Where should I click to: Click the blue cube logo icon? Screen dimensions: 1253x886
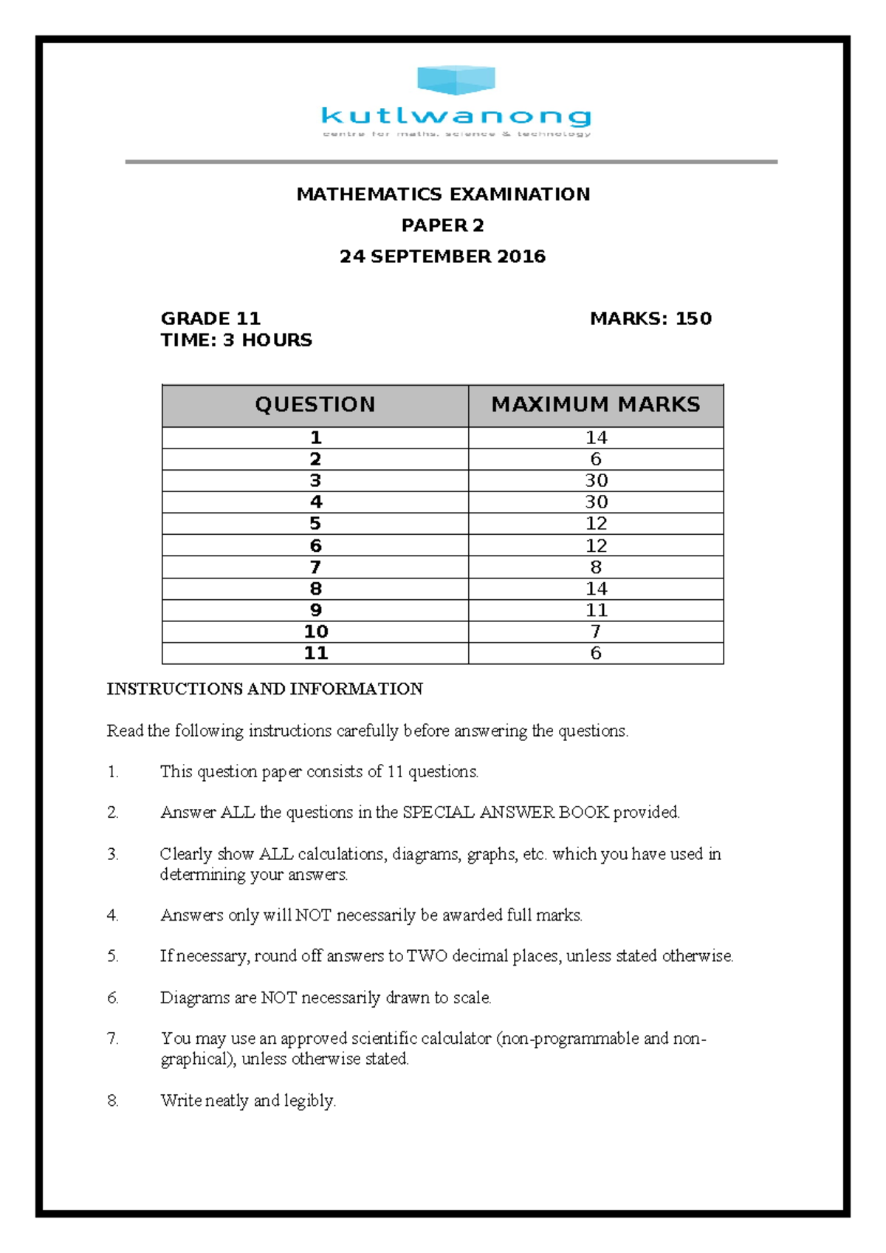pos(456,80)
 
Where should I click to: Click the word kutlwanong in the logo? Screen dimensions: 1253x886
pos(456,116)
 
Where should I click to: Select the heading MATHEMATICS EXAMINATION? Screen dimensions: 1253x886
pos(443,194)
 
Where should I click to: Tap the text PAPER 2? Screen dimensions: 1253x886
pos(442,225)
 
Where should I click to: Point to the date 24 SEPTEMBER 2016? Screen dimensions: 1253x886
pos(442,256)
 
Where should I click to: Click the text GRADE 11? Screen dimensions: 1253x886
pos(210,318)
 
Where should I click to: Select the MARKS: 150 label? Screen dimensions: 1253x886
pos(650,318)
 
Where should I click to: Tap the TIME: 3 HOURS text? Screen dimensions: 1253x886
pos(236,340)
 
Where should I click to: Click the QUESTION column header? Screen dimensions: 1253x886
pos(315,405)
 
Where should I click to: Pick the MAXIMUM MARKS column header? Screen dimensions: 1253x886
pos(596,405)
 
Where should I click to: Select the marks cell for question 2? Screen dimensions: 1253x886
pos(596,459)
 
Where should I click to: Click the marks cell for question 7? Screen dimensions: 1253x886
pos(596,567)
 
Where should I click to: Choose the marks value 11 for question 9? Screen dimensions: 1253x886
pos(596,610)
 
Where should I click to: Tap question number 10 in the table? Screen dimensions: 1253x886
pos(316,632)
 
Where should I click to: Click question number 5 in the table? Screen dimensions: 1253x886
pos(315,524)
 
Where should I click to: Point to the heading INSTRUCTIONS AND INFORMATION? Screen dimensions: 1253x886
pos(264,689)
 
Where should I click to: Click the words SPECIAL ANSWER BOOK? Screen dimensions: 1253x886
pos(506,813)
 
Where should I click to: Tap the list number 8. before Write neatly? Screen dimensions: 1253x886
pos(113,1101)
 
